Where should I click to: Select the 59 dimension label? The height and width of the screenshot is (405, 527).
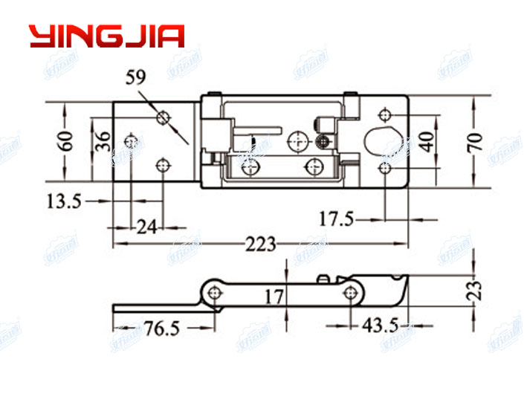(136, 76)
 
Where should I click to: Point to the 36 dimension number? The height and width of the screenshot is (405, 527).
(103, 140)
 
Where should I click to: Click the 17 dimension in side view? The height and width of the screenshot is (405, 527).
(274, 297)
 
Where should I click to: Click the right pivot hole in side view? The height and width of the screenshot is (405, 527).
(348, 292)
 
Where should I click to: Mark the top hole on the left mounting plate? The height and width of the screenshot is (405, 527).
(164, 117)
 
